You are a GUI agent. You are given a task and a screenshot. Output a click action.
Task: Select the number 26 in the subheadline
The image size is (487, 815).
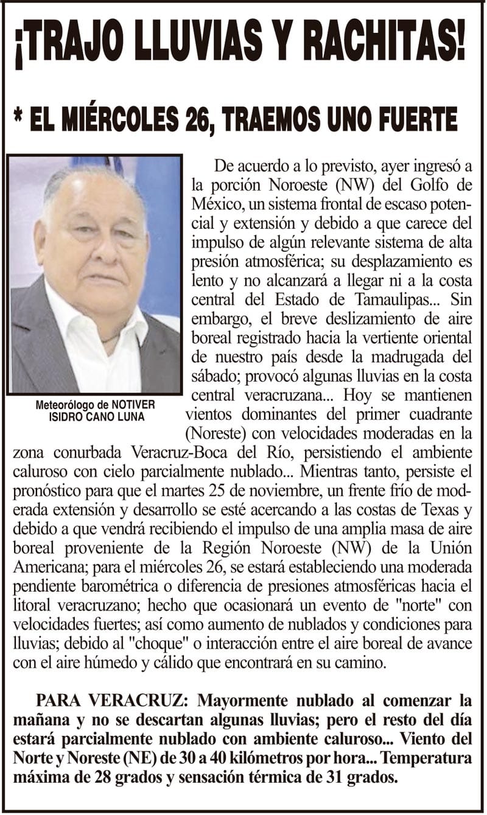(199, 119)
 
